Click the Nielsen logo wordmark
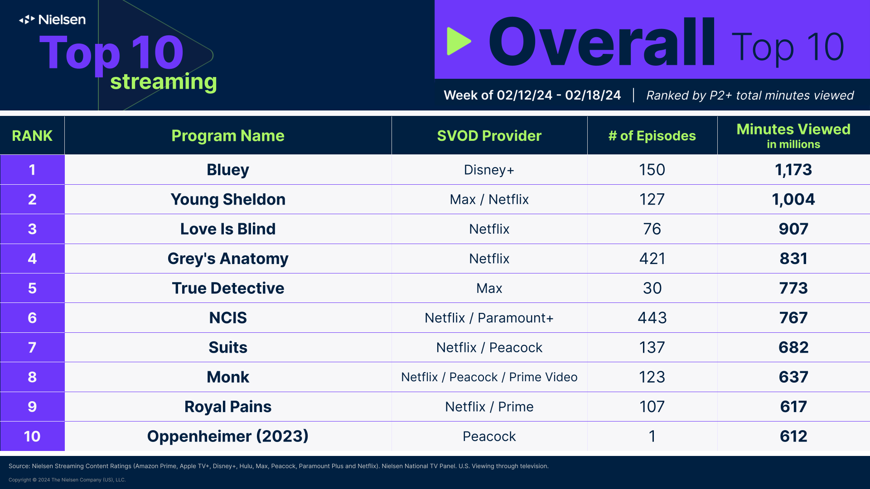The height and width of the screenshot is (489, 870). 53,19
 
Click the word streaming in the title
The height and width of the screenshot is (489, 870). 164,82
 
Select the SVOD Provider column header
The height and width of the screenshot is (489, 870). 489,136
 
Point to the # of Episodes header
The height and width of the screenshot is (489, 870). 652,136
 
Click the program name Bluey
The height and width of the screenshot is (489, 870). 228,170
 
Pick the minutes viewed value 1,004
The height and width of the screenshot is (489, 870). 793,199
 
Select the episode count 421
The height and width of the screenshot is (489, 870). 652,259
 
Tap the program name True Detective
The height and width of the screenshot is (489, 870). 228,288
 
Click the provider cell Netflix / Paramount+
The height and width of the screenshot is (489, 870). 489,318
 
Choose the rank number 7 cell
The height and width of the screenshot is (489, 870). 32,347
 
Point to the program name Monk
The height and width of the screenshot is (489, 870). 228,377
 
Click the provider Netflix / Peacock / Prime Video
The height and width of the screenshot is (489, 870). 489,377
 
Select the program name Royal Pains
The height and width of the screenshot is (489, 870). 228,407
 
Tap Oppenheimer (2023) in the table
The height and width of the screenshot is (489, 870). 228,436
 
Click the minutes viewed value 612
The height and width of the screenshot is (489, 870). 793,436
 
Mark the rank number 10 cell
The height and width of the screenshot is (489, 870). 32,436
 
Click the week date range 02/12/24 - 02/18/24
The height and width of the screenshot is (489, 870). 558,96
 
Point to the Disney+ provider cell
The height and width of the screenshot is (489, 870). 489,170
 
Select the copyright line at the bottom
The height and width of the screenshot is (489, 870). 67,480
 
